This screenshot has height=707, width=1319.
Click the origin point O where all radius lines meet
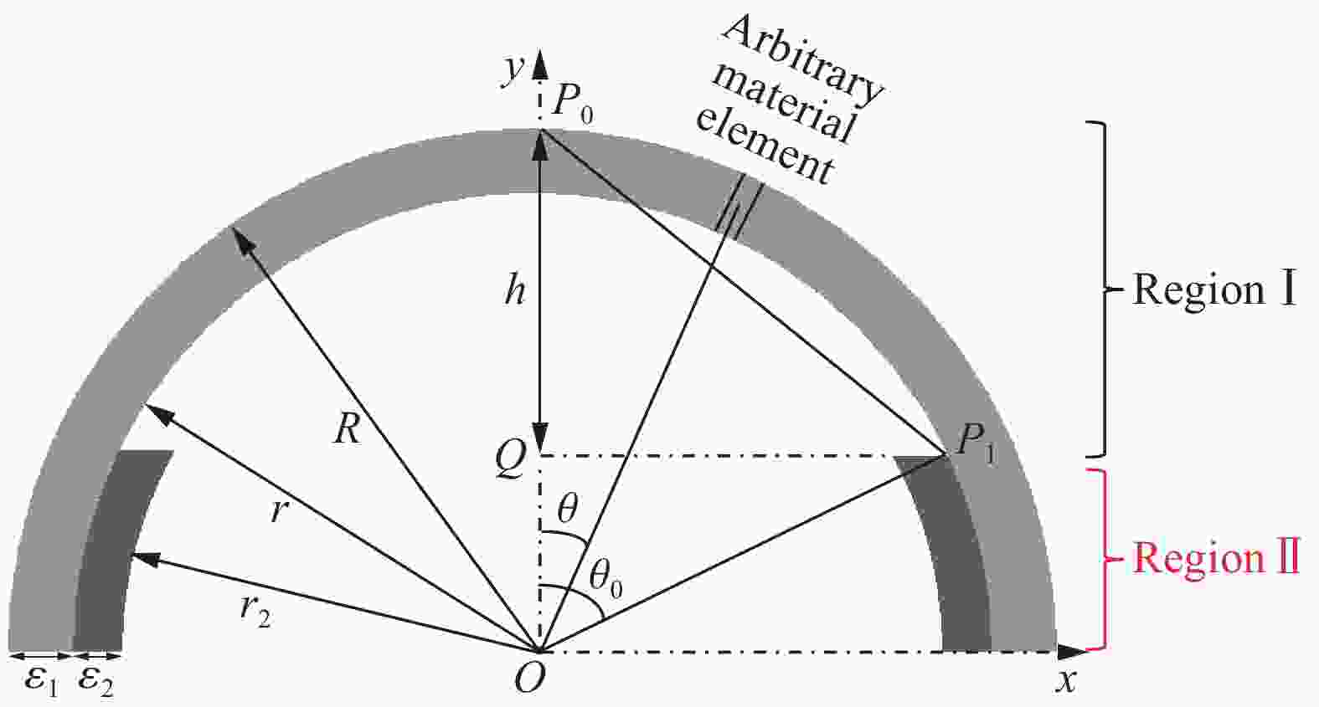(x=539, y=651)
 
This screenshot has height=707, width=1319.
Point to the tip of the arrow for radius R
(x=233, y=227)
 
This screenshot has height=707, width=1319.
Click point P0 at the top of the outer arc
(x=539, y=130)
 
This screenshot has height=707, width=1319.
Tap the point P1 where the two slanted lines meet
(x=945, y=454)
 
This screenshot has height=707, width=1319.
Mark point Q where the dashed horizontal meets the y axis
(x=539, y=455)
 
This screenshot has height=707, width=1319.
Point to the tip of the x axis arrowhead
(x=1087, y=651)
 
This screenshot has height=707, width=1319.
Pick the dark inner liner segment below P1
(x=948, y=553)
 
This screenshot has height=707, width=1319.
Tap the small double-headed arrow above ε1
(x=41, y=655)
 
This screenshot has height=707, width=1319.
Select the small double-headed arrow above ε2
(x=97, y=655)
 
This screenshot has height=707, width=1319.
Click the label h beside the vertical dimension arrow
(x=515, y=289)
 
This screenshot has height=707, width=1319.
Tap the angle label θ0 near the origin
(x=605, y=581)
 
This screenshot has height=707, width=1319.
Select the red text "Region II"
(x=1217, y=557)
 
